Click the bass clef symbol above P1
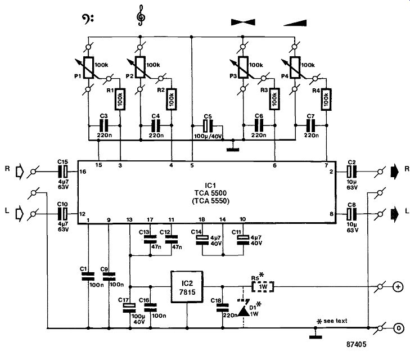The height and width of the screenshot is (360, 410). point(87,19)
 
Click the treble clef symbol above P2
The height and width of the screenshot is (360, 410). point(141,16)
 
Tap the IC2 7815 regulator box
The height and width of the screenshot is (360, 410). point(187,287)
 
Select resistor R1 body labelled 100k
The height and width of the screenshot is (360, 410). point(120,99)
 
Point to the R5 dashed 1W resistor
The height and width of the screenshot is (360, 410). point(263,287)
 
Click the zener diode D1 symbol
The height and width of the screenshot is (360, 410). point(244,309)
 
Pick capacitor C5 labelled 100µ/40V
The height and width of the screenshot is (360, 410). point(208,126)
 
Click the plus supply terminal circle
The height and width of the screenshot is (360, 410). point(398,287)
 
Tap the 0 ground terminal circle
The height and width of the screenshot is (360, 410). point(398,328)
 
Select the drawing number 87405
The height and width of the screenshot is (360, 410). point(357,344)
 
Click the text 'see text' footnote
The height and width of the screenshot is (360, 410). point(335,321)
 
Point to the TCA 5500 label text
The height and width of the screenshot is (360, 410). point(210,193)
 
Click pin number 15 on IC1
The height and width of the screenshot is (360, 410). point(98,165)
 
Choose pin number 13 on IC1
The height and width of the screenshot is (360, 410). point(129,219)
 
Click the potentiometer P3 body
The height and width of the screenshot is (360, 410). point(243,67)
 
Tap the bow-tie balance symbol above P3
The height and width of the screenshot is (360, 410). point(243,22)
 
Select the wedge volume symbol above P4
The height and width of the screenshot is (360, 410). point(295,23)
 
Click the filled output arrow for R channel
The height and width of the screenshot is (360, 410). point(395,172)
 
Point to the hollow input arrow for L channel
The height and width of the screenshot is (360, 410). point(20,214)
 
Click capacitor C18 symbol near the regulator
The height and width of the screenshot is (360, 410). point(223,308)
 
